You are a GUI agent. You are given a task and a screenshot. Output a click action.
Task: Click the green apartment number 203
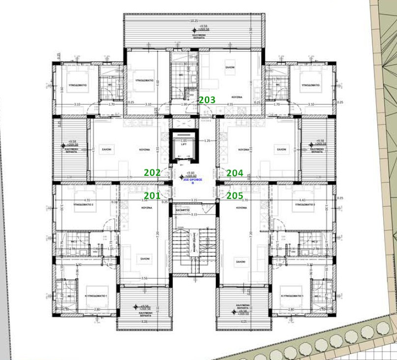(207, 100)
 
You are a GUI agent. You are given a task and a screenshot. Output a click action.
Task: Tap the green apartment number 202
(152, 173)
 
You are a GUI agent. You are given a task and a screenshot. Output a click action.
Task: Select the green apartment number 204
(235, 173)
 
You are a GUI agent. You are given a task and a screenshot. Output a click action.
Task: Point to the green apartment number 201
(152, 195)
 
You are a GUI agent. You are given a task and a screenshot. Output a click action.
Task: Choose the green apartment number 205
(235, 195)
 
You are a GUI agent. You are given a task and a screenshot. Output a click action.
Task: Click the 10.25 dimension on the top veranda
(194, 21)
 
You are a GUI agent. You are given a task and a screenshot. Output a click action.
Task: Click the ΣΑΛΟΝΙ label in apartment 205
(240, 262)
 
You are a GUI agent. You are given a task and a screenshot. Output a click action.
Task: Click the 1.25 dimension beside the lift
(207, 141)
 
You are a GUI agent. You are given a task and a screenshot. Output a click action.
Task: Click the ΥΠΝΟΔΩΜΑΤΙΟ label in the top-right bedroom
(309, 85)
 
